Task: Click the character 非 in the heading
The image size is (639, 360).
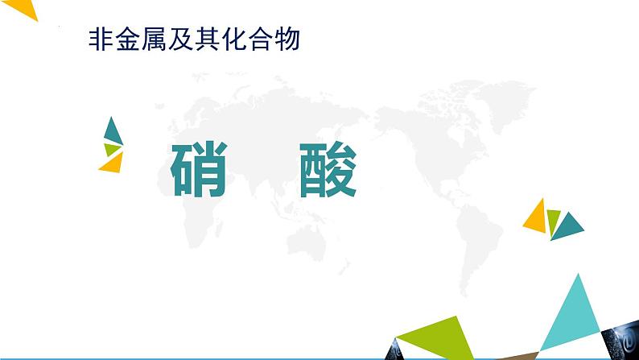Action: (x=99, y=40)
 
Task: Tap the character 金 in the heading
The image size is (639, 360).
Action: (x=126, y=40)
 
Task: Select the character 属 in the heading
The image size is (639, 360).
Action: (x=153, y=40)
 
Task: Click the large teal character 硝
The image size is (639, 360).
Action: (x=199, y=171)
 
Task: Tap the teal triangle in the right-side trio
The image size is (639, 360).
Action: (x=571, y=226)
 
